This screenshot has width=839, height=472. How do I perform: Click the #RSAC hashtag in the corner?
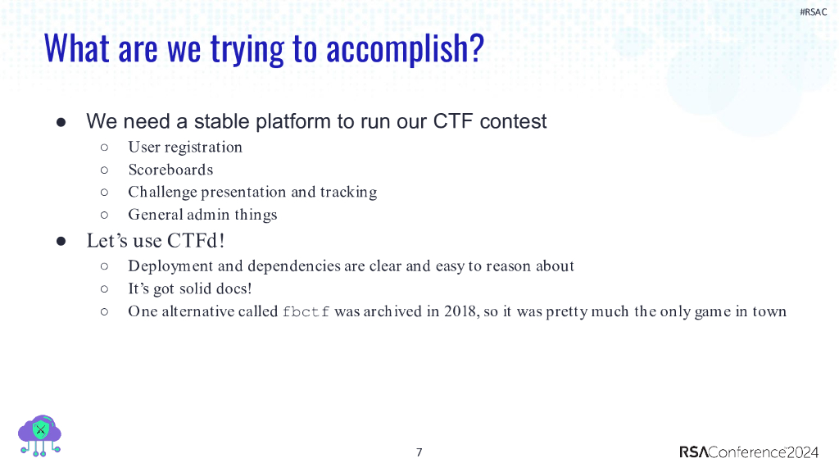tap(813, 11)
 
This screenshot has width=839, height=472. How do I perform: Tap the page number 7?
tap(419, 452)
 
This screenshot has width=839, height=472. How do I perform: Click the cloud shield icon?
tap(39, 435)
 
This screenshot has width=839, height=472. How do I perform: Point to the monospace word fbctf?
tap(306, 311)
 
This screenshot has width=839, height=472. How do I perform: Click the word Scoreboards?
tap(170, 170)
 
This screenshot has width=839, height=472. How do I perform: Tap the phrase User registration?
tap(185, 147)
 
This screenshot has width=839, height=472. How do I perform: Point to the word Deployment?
tap(169, 266)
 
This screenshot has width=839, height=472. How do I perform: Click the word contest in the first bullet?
tap(513, 122)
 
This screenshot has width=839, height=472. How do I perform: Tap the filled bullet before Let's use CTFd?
tap(61, 241)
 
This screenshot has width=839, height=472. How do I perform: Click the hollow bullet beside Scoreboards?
tap(104, 170)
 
